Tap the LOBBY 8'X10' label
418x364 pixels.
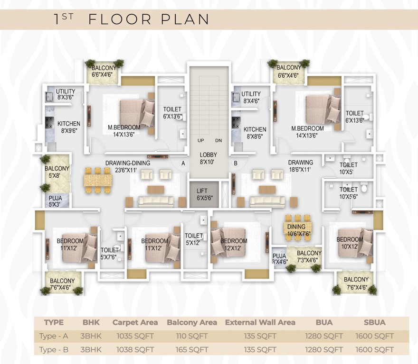[x=208, y=158]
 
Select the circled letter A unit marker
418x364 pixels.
[x=183, y=163]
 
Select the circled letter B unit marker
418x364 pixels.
[x=236, y=163]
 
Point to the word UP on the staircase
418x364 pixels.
[x=201, y=141]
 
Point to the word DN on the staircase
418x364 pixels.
[x=218, y=141]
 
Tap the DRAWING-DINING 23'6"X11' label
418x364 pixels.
[x=128, y=166]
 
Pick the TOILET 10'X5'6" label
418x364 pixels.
[x=348, y=193]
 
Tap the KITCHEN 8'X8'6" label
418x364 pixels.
[x=255, y=133]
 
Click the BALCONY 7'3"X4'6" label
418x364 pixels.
[x=309, y=256]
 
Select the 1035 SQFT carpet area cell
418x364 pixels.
[x=135, y=336]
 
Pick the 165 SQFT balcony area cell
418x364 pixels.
[x=192, y=350]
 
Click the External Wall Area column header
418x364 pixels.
[x=260, y=322]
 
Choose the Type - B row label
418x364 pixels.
[x=54, y=350]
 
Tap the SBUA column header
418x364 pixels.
[x=374, y=322]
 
